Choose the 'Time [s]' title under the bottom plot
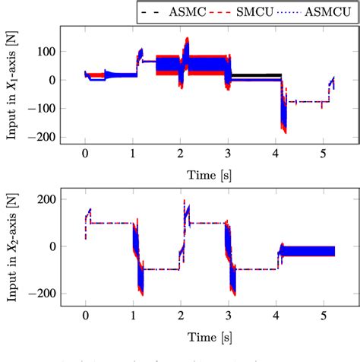tap(204, 333)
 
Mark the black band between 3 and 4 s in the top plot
tap(254, 76)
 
